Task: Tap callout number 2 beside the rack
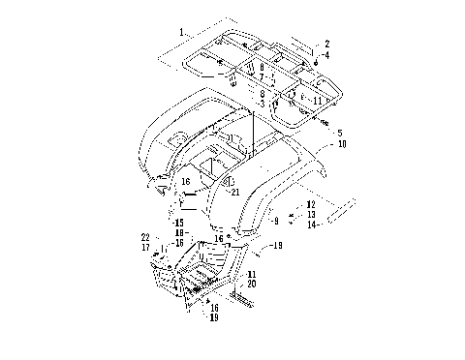tap(327, 44)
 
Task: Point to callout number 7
tap(262, 75)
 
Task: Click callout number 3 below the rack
tap(262, 103)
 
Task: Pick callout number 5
tap(339, 133)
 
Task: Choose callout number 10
tap(341, 143)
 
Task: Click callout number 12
tap(310, 205)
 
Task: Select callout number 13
tap(310, 215)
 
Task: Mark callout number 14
tap(310, 225)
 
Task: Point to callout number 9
tap(275, 221)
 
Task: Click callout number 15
tap(179, 223)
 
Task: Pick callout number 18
tap(179, 232)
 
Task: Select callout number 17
tap(145, 248)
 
